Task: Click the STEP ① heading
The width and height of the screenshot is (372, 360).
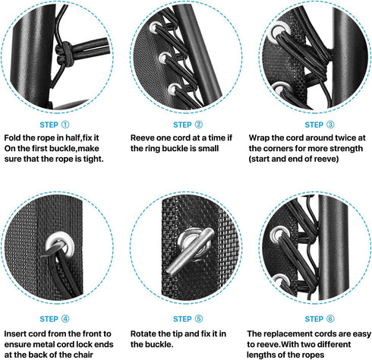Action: tap(54, 125)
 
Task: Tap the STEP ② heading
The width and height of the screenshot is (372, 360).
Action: tap(188, 125)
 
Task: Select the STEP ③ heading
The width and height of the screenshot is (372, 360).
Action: tap(320, 125)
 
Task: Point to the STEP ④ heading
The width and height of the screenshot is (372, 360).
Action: tap(54, 319)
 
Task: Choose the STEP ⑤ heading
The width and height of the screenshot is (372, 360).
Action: tap(188, 319)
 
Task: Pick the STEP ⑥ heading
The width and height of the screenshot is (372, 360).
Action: tap(320, 319)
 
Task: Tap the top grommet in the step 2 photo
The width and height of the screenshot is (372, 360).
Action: tap(155, 27)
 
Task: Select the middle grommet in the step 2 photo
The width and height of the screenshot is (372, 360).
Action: tap(165, 58)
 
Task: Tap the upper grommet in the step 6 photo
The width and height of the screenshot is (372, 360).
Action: tap(279, 235)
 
